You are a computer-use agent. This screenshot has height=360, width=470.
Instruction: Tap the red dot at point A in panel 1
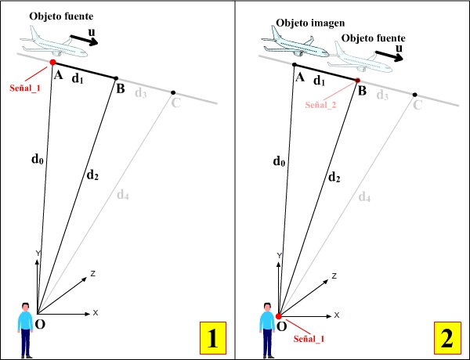pyautogui.click(x=52, y=62)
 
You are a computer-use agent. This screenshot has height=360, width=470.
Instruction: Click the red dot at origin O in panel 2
pyautogui.click(x=279, y=315)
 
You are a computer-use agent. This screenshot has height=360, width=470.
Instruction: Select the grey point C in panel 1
pyautogui.click(x=173, y=92)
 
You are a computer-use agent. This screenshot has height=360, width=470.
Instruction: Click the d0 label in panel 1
pyautogui.click(x=36, y=160)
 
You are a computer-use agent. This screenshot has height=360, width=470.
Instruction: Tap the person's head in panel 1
pyautogui.click(x=26, y=307)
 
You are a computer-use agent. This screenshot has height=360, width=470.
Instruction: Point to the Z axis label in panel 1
pyautogui.click(x=92, y=274)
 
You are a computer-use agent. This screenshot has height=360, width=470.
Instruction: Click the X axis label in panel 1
pyautogui.click(x=96, y=313)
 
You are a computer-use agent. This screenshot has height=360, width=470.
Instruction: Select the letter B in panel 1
pyautogui.click(x=120, y=88)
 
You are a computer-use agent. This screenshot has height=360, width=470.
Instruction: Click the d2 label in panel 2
pyautogui.click(x=333, y=177)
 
